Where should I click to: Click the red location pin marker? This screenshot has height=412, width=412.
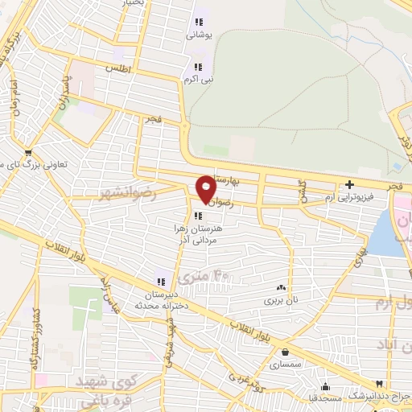pyautogui.click(x=206, y=189)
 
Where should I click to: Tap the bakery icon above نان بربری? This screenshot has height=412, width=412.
pyautogui.click(x=281, y=287)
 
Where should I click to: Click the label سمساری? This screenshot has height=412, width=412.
pyautogui.click(x=286, y=365)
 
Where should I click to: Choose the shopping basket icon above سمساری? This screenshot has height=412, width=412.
pyautogui.click(x=286, y=351)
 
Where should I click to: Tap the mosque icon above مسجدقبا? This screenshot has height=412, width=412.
pyautogui.click(x=324, y=385)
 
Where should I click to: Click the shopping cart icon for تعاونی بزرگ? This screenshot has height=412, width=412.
pyautogui.click(x=29, y=151)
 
